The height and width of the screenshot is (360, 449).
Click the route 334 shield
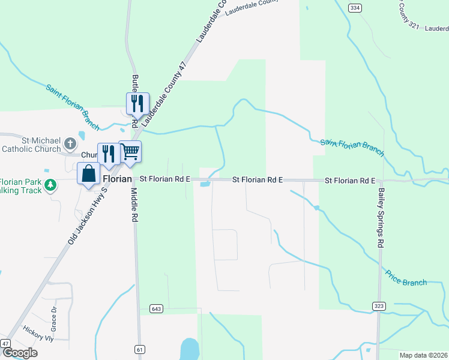click(x=355, y=8)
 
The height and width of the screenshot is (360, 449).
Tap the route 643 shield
click(x=157, y=308)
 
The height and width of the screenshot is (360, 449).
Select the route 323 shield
click(x=378, y=305)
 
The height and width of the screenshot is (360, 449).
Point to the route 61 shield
click(x=140, y=349)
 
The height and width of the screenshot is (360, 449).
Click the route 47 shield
click(x=5, y=343)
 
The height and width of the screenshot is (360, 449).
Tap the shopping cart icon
click(x=130, y=152)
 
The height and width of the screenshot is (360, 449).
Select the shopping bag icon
click(x=88, y=173)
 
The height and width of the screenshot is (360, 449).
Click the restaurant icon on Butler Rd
click(x=137, y=103)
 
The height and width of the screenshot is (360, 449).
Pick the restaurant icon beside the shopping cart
click(x=109, y=154)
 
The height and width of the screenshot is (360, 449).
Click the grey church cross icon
click(x=70, y=143)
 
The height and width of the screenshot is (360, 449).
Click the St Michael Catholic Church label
click(x=31, y=144)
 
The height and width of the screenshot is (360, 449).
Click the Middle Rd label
click(x=134, y=205)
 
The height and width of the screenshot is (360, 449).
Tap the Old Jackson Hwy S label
click(x=88, y=214)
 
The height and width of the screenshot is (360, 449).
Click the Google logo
click(x=20, y=352)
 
